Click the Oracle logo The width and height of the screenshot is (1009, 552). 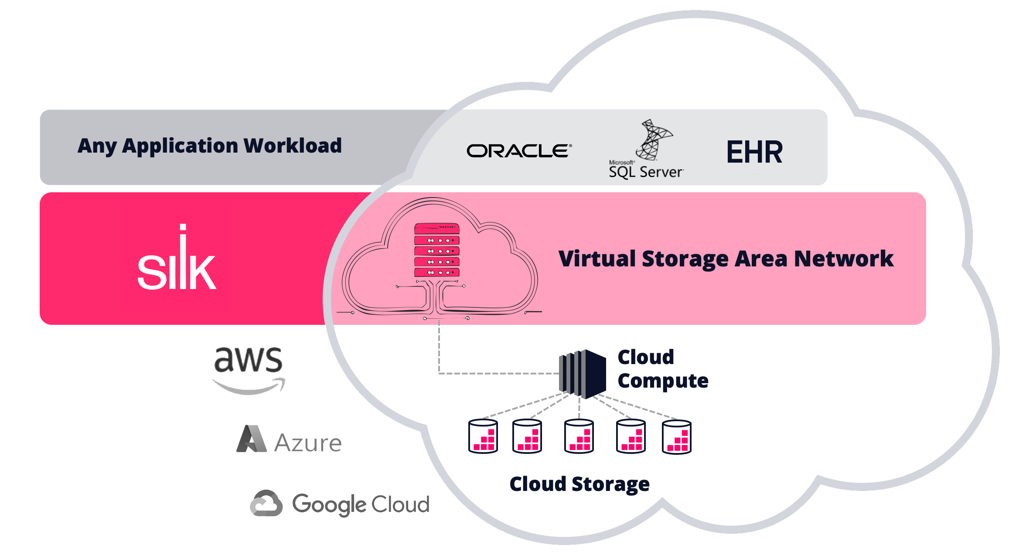(519, 151)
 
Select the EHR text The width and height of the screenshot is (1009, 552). (754, 152)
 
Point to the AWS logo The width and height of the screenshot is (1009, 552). (249, 370)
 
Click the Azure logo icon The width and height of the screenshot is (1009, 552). (252, 439)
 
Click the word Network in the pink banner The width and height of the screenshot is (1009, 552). (844, 259)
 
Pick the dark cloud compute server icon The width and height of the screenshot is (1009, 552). (583, 374)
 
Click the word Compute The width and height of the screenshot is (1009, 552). (663, 381)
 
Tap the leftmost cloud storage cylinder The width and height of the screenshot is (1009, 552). (483, 436)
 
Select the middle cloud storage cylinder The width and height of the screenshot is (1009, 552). (579, 436)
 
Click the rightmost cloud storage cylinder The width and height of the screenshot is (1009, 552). (676, 437)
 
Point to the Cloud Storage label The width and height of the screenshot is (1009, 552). (579, 484)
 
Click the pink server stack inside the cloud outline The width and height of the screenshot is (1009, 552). (436, 250)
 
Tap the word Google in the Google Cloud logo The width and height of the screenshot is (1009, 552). (329, 504)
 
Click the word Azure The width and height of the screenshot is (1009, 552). (308, 443)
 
